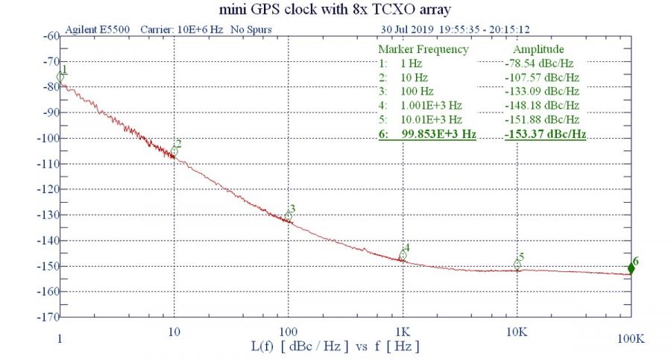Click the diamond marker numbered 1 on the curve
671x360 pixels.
click(61, 76)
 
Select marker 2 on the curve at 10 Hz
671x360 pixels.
click(174, 151)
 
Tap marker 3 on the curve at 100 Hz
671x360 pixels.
click(289, 215)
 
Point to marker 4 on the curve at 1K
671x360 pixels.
click(403, 255)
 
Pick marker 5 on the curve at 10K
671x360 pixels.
click(517, 264)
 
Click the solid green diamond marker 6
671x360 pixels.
click(631, 268)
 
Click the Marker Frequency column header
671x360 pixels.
click(423, 49)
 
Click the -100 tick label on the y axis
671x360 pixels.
click(48, 138)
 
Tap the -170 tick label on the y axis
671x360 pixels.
click(48, 317)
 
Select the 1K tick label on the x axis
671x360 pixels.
click(403, 329)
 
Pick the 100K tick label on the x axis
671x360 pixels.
click(629, 339)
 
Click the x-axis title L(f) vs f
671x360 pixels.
click(335, 347)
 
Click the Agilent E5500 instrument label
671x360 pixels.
click(98, 30)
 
